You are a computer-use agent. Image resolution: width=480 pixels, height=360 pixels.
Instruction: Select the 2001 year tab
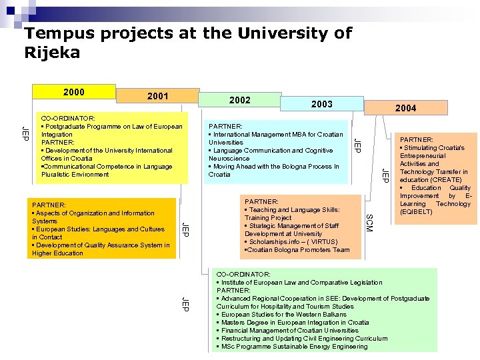pos(157,97)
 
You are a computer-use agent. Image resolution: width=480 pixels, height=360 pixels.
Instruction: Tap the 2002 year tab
pos(239,100)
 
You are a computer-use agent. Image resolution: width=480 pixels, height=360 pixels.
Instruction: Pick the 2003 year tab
pos(321,104)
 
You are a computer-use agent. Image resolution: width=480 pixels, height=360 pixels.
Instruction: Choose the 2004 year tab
pos(405,108)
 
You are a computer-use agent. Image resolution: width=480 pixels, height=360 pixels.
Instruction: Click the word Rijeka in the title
pos(52,53)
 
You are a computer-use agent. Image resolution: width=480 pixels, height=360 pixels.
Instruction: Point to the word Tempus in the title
pos(52,33)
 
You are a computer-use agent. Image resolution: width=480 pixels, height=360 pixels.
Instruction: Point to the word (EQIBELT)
pos(416,212)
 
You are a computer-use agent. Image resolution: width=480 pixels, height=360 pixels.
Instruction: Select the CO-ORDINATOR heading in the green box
pos(243,274)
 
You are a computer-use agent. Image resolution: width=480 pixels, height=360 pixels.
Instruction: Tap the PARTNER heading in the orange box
pos(49,205)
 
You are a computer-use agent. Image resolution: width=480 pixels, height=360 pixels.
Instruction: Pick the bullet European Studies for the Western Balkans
pos(283,315)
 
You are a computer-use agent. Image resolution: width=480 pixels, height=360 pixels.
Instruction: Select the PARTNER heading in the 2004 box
pos(416,140)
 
